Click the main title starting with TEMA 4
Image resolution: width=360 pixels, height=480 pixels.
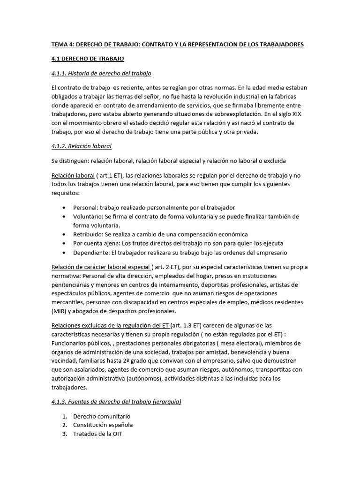click(178, 45)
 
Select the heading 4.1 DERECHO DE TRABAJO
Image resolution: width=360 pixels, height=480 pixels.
click(88, 59)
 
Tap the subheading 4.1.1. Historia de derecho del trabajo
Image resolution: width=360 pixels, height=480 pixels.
click(101, 74)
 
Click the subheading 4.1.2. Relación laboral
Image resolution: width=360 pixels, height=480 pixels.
click(82, 146)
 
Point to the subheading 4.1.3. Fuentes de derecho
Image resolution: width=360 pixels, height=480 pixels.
click(116, 402)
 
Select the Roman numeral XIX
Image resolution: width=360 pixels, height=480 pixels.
click(297, 114)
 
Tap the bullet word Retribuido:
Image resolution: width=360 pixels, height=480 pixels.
click(88, 234)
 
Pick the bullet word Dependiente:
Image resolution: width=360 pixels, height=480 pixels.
click(91, 253)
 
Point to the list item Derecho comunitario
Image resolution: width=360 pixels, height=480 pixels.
click(102, 416)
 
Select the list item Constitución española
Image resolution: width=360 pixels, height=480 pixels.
click(103, 425)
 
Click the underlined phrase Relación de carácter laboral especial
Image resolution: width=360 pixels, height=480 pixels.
click(101, 267)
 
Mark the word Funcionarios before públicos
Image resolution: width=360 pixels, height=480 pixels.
click(69, 343)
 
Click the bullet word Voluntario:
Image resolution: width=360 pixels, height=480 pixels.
click(88, 217)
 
